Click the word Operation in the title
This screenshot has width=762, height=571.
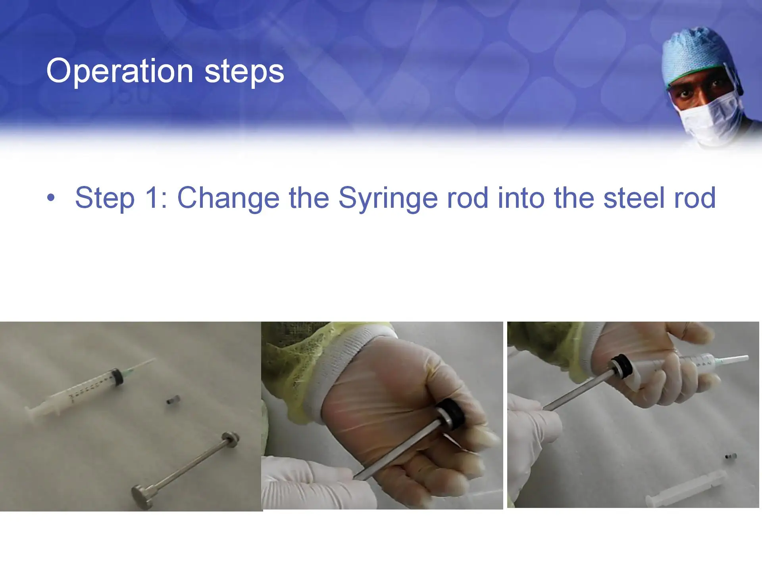pyautogui.click(x=119, y=71)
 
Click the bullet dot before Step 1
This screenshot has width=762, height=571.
pyautogui.click(x=50, y=197)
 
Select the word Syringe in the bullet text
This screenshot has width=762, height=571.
pyautogui.click(x=388, y=198)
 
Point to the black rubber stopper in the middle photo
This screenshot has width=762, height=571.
pyautogui.click(x=450, y=413)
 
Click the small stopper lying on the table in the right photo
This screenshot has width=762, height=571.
pyautogui.click(x=731, y=456)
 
